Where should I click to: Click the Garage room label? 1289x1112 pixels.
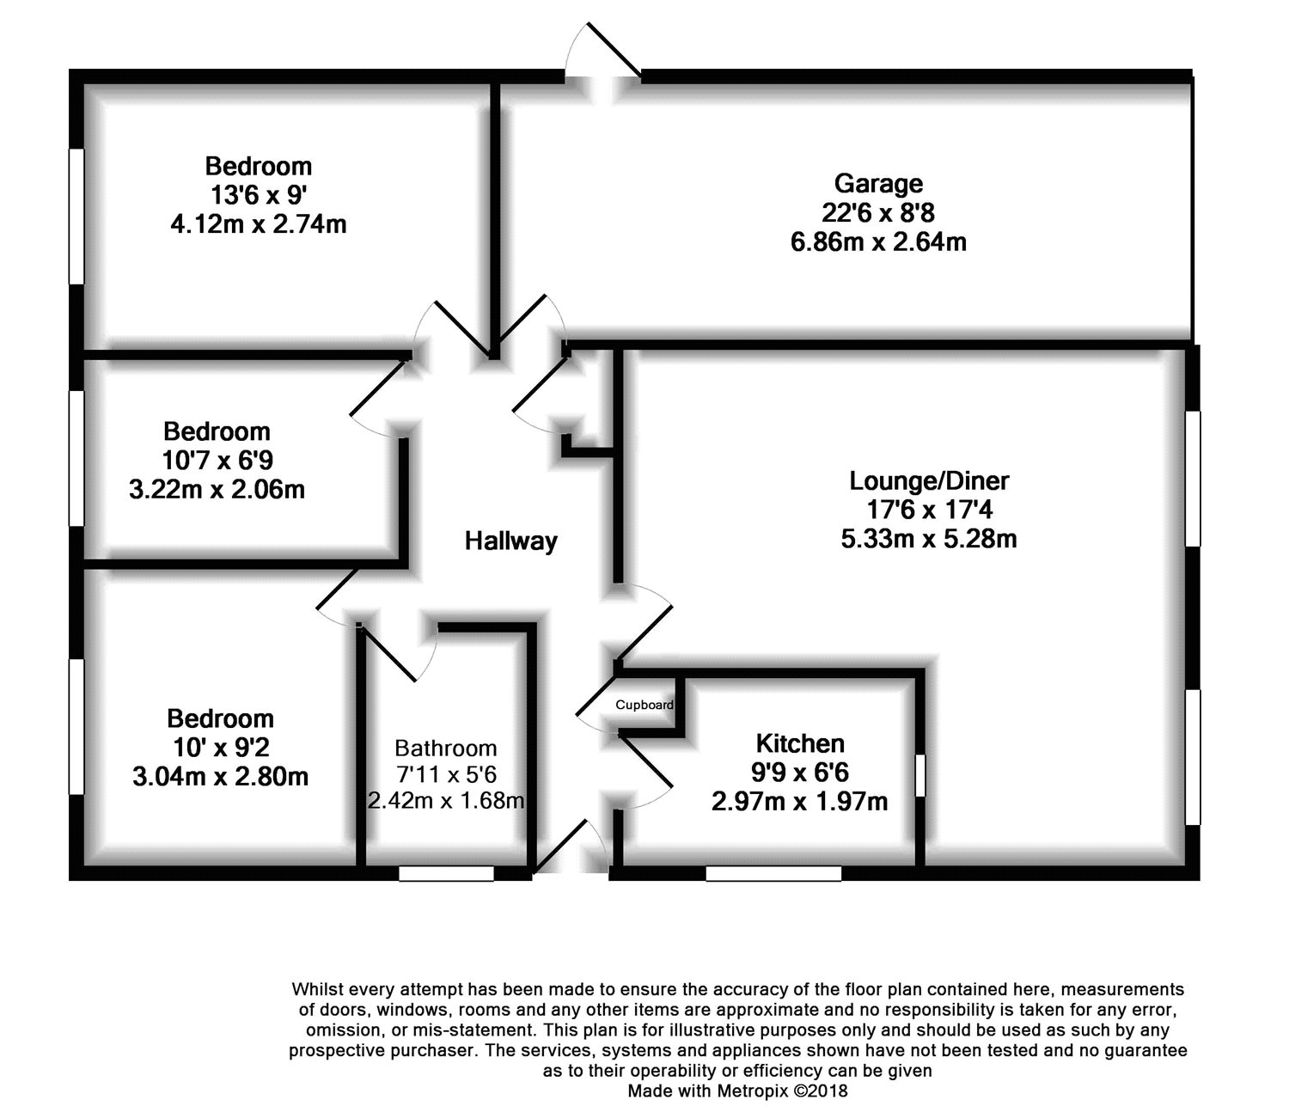pyautogui.click(x=877, y=183)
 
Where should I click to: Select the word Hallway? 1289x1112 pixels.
pyautogui.click(x=510, y=541)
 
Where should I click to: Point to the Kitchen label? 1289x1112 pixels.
pyautogui.click(x=799, y=743)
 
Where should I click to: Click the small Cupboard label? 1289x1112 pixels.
pyautogui.click(x=644, y=706)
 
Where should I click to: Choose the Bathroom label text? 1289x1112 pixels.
pyautogui.click(x=445, y=748)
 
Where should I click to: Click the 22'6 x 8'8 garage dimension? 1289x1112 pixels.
pyautogui.click(x=877, y=212)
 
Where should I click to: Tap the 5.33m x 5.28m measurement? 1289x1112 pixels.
pyautogui.click(x=928, y=540)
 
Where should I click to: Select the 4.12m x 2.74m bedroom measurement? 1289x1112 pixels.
pyautogui.click(x=258, y=225)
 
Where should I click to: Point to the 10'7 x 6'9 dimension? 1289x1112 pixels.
pyautogui.click(x=217, y=461)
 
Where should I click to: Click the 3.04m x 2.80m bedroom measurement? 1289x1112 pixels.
pyautogui.click(x=220, y=777)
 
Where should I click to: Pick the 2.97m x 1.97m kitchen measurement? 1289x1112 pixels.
pyautogui.click(x=799, y=803)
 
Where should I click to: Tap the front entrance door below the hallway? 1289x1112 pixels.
pyautogui.click(x=571, y=851)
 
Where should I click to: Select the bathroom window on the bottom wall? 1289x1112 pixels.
pyautogui.click(x=446, y=873)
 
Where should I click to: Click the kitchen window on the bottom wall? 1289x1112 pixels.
pyautogui.click(x=773, y=873)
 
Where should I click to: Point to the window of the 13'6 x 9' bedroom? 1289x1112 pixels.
pyautogui.click(x=76, y=216)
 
